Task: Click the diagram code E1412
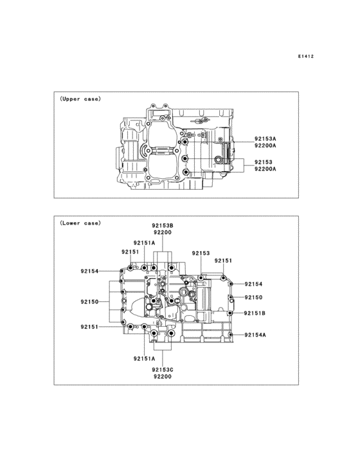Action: pos(306,56)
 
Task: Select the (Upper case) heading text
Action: pos(80,99)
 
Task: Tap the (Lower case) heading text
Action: pos(80,223)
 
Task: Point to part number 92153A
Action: pos(265,139)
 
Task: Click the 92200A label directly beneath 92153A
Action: pos(265,145)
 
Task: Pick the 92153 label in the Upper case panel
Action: pos(264,162)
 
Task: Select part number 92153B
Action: pos(163,225)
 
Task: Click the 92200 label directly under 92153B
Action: pos(163,232)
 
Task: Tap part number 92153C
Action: pos(163,370)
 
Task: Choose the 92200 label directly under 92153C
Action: pos(163,376)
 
